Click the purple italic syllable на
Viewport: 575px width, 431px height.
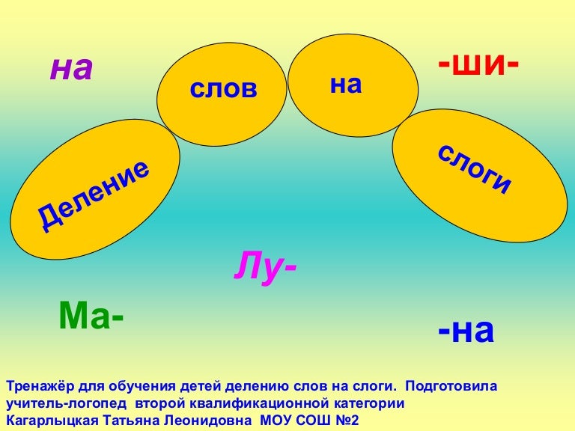click(x=72, y=70)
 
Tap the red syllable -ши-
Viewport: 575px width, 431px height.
click(x=478, y=65)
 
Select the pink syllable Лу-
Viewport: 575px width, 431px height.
click(x=265, y=267)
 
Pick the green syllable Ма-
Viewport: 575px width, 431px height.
click(x=91, y=315)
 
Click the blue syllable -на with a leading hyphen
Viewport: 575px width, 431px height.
click(x=466, y=331)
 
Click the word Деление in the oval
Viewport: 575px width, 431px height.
click(x=94, y=195)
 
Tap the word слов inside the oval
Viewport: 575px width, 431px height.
click(x=223, y=89)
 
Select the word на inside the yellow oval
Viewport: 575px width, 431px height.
click(x=346, y=85)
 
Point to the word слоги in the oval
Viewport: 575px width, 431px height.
click(x=474, y=168)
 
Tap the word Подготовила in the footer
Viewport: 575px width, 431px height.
click(x=451, y=386)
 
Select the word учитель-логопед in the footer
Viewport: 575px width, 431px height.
click(x=67, y=404)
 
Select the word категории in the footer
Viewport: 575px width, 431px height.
click(x=369, y=404)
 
